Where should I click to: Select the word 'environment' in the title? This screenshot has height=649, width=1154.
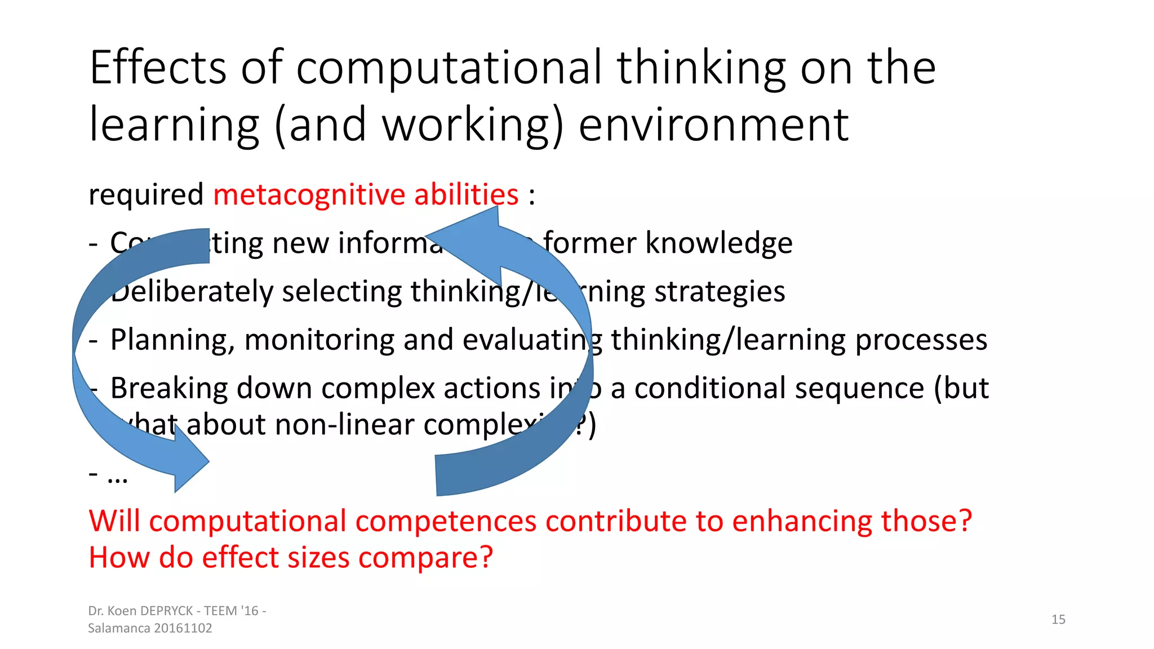click(x=713, y=125)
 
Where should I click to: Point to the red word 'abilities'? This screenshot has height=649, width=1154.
click(x=466, y=195)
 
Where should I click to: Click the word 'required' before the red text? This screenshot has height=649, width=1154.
click(x=146, y=195)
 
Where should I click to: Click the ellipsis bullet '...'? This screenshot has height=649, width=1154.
click(x=117, y=477)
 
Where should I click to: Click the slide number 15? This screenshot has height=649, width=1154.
click(x=1058, y=620)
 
